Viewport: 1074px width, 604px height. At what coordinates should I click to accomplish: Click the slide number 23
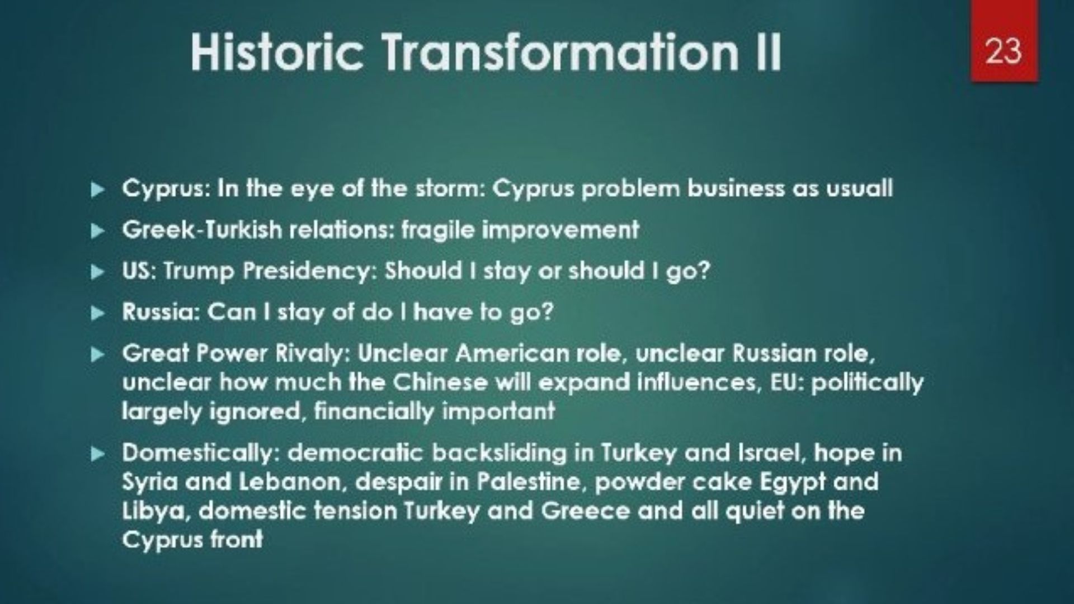coord(1004,51)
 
